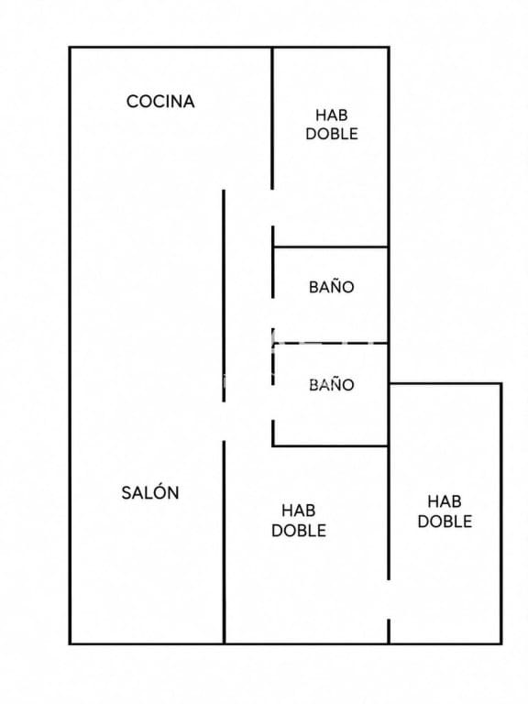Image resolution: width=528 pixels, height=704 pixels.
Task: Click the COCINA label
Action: pos(160,102)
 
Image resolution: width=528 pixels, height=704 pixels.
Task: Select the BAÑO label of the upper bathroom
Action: pos(331,286)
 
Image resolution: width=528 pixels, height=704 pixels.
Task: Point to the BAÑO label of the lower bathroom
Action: pos(331,384)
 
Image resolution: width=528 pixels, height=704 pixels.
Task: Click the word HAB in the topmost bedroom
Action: pos(331,115)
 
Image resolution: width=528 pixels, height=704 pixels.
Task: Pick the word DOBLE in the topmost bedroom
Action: pos(331,134)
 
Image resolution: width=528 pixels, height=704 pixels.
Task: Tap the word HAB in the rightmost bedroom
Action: pos(445,501)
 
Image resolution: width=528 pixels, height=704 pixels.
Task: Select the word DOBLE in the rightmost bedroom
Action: pos(445,522)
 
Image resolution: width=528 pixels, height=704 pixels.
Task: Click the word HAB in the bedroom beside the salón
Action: pos(298,511)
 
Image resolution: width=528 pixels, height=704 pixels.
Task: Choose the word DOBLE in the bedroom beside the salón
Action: pos(298,530)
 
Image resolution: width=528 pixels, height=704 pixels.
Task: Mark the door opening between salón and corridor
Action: pos(224,421)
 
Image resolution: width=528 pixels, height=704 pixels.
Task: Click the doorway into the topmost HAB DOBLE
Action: pos(272,207)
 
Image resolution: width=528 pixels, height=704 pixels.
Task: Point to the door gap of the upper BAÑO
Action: pos(272,313)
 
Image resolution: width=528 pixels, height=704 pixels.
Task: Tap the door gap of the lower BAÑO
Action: pos(272,401)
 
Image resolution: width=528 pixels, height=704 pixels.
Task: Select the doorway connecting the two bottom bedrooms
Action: pos(389,599)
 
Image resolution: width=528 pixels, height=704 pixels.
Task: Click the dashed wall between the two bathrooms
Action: pos(330,344)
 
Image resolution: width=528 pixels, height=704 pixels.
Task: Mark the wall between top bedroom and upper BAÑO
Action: pos(330,247)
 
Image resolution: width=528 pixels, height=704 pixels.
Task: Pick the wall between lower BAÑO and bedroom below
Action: pos(330,445)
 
